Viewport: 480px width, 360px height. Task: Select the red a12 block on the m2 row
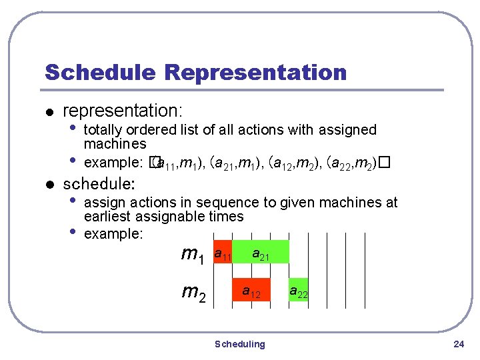[251, 291]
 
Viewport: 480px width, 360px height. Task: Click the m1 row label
[194, 255]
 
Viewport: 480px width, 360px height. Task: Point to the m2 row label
[194, 292]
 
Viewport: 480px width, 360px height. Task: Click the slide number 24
[458, 344]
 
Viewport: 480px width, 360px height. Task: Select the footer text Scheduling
[239, 344]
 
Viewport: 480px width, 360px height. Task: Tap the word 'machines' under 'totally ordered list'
[115, 144]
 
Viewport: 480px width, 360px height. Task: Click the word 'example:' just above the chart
[110, 234]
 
